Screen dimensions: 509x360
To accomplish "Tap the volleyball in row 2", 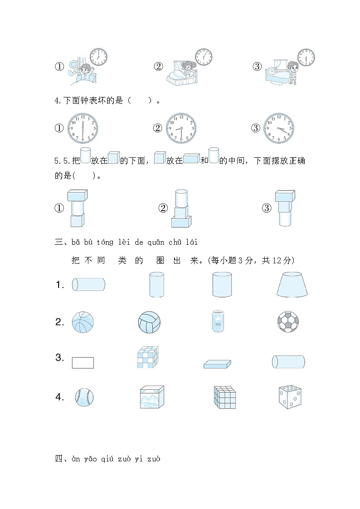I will click(149, 322).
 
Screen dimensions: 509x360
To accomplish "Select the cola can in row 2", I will click(218, 321).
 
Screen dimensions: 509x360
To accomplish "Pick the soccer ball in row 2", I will click(289, 322).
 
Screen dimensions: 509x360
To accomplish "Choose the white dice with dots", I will click(290, 397).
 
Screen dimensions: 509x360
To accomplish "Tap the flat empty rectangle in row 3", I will click(83, 363).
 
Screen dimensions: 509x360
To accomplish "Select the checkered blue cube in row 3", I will click(148, 357).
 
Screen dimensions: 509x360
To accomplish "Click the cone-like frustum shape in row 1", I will click(292, 285).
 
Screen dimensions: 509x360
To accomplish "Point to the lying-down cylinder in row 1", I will click(88, 285).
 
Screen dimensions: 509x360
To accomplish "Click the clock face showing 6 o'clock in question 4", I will click(83, 128).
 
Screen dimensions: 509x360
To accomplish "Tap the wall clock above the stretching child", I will click(98, 57).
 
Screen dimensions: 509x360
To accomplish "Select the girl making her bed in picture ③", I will click(292, 71).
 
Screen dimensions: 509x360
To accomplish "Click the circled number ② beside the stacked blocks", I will click(163, 208).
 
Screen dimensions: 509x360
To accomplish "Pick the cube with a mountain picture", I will click(151, 397).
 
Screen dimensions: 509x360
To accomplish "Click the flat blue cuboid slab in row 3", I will click(217, 364).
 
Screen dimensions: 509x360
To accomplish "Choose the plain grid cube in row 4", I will click(224, 397).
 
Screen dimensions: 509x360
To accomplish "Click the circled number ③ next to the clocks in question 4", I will click(256, 128).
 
